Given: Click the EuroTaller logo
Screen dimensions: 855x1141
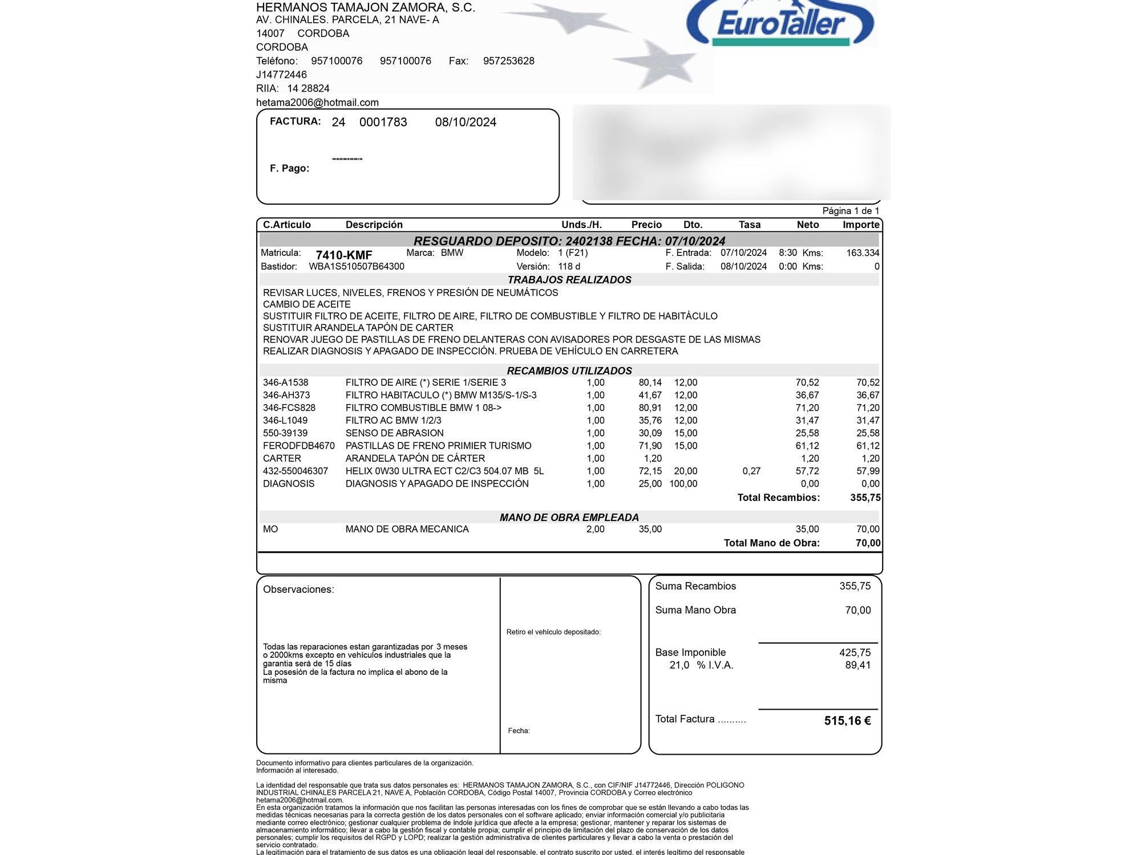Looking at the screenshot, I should pos(780,24).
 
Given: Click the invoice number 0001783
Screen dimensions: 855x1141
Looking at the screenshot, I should pos(383,122).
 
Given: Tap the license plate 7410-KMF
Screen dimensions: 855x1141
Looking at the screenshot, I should pos(344,255).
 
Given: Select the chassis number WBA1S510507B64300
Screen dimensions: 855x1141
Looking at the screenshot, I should pos(357,267).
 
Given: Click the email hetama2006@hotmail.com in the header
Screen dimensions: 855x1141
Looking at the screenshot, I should pos(317,103).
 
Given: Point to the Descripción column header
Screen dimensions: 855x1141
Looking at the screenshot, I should pos(374,225).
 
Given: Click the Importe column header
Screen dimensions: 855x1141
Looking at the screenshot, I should pos(860,225).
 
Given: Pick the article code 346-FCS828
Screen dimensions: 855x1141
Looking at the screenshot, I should pos(289,408).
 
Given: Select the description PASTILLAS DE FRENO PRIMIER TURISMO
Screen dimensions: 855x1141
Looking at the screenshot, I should pos(438,446).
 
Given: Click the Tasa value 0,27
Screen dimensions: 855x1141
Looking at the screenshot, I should pos(751,471).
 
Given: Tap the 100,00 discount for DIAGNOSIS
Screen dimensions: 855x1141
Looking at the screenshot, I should pos(683,484).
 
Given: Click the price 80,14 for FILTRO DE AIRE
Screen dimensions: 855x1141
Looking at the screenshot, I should pos(650,382).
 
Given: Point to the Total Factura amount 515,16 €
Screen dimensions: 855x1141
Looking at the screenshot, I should pos(847,721).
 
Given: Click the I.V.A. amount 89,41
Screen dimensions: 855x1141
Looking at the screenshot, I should pos(857,665).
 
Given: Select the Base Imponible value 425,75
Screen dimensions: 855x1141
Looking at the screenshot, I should pos(855,653).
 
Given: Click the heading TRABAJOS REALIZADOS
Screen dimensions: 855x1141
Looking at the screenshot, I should pos(569,280).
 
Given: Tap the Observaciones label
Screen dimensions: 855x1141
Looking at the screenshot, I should pos(298,589).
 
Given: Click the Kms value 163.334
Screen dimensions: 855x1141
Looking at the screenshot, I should pos(863,253).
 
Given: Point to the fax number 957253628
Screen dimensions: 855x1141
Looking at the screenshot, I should pos(508,61).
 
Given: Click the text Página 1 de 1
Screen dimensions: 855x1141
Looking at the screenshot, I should pos(851,211).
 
